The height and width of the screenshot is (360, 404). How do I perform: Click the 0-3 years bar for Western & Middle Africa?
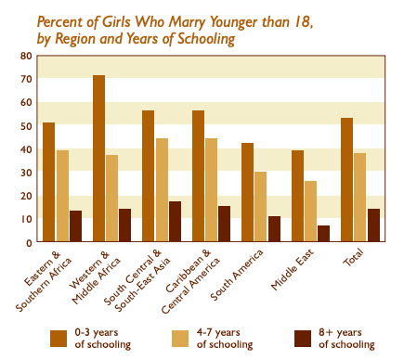(98, 159)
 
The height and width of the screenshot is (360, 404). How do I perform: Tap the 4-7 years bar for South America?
(261, 207)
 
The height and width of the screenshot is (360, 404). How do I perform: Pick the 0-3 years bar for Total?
(346, 180)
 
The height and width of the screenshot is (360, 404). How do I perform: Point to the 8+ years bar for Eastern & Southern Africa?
(75, 226)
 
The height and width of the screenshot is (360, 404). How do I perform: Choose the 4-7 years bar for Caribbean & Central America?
(211, 190)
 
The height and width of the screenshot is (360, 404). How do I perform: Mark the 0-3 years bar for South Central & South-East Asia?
(148, 176)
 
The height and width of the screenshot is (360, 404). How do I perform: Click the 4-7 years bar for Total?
(359, 198)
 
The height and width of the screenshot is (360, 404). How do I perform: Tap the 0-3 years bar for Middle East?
(297, 196)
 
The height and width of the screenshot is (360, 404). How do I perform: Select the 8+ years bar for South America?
(274, 229)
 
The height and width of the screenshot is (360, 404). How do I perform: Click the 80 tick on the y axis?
(27, 56)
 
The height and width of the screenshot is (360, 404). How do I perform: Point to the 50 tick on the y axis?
(27, 125)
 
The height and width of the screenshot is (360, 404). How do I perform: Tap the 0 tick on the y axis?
(30, 242)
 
